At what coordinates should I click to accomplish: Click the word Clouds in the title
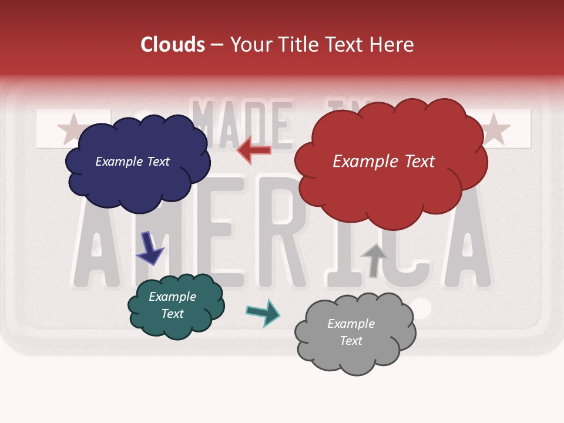[x=173, y=45]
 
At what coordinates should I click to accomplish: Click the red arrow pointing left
[x=254, y=150]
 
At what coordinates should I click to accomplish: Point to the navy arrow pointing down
[x=149, y=247]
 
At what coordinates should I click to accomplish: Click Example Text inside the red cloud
[x=384, y=161]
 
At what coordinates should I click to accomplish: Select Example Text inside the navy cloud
[x=132, y=161]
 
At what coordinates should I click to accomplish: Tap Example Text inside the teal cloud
[x=173, y=305]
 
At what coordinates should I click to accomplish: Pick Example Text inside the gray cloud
[x=351, y=332]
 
